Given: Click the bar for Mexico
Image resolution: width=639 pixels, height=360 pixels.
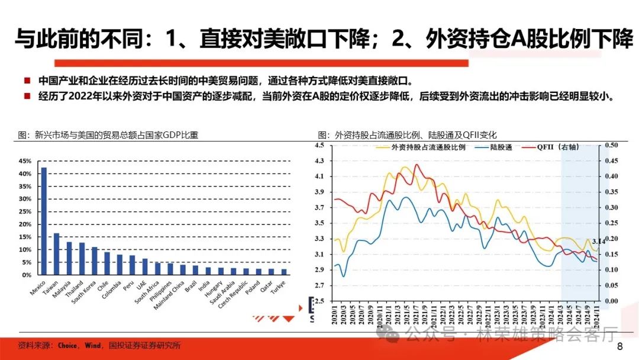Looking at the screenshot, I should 44,221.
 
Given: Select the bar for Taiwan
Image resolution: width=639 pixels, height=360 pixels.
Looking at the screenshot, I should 57,254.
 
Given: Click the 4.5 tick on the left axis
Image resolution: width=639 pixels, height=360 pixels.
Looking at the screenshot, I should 320,145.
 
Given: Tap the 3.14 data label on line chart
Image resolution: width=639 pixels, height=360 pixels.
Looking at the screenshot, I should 599,241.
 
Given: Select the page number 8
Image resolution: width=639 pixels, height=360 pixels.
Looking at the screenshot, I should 619,346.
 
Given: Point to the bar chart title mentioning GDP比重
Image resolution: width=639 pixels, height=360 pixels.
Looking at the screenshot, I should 108,135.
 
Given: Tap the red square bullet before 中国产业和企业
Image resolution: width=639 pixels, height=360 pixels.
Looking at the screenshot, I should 27,81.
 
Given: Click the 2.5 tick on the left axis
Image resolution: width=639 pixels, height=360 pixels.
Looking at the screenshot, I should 320,301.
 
